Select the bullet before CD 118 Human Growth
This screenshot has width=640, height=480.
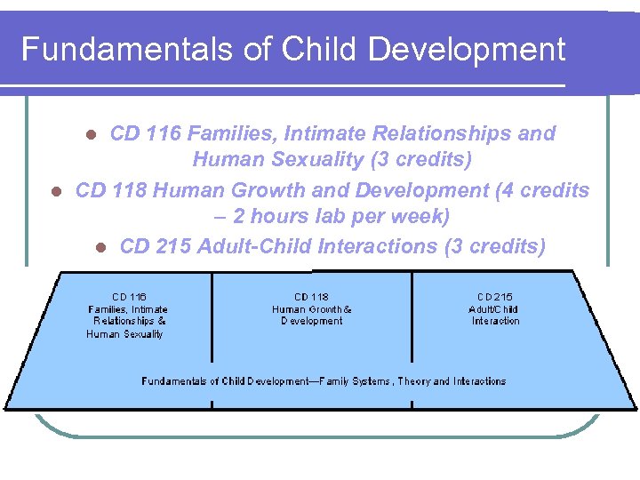point(55,191)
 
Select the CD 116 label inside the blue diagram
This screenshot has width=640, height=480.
point(129,297)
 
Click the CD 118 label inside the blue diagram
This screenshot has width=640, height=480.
point(311,297)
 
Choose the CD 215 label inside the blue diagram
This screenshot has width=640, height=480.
point(494,297)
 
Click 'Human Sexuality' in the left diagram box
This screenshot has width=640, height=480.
point(125,334)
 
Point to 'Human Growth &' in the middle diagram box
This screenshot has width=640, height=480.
point(311,309)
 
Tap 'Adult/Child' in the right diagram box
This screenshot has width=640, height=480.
point(493,309)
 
